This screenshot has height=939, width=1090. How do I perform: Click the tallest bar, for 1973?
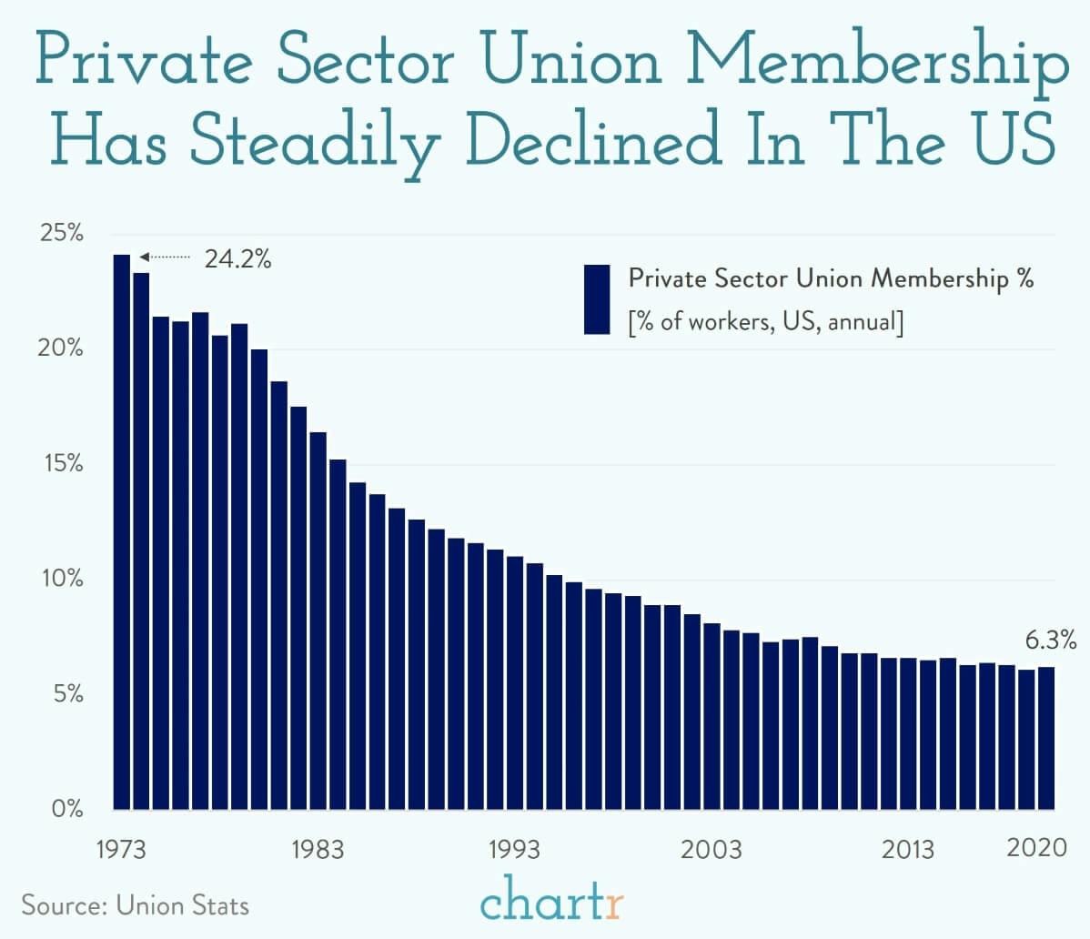(x=121, y=531)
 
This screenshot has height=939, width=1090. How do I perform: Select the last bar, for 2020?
(x=1046, y=738)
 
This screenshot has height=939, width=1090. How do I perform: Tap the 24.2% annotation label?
(x=237, y=259)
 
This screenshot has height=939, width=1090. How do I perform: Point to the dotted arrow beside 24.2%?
(x=165, y=258)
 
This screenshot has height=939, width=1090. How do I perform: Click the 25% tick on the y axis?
(x=62, y=233)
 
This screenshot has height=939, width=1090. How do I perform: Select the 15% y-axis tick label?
(x=62, y=464)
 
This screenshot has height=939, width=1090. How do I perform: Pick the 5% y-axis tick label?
(x=67, y=694)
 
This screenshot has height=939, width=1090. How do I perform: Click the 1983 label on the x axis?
(x=318, y=850)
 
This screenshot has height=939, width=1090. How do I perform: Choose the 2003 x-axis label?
(x=712, y=850)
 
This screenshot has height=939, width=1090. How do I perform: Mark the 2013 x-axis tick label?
(x=907, y=850)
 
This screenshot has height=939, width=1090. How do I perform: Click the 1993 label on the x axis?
(x=514, y=850)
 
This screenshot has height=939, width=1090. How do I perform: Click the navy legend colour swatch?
(x=597, y=299)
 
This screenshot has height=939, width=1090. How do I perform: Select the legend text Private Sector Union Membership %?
(x=831, y=278)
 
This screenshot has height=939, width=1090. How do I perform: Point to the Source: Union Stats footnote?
(x=135, y=905)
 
